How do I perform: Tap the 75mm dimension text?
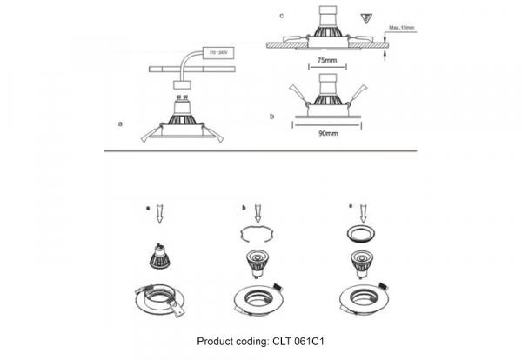point(326,62)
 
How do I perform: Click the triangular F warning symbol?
point(365,17)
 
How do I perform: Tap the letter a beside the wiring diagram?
point(119,125)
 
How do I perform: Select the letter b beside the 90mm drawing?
point(272,115)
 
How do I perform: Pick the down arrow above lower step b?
point(258,217)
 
